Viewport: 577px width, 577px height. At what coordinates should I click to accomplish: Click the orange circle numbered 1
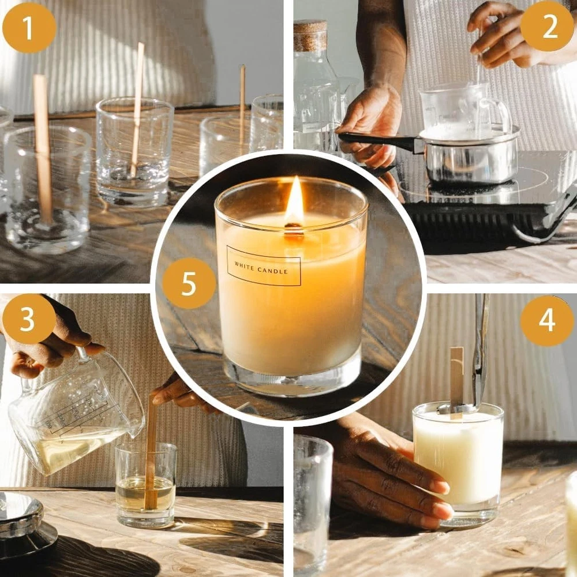(29, 27)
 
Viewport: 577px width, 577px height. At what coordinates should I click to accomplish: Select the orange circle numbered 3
(29, 319)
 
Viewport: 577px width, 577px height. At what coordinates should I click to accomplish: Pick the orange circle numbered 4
(547, 320)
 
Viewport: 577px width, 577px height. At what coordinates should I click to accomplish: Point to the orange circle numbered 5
(189, 283)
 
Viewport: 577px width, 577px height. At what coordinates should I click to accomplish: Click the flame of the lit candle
(294, 201)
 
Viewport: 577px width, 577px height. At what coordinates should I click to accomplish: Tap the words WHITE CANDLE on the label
(261, 268)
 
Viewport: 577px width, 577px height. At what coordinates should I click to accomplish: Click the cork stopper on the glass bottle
(310, 36)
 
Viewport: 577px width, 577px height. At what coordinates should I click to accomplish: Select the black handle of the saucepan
(379, 141)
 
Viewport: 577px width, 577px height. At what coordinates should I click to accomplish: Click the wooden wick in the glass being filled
(151, 452)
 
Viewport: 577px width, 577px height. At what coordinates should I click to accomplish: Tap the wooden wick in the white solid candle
(456, 383)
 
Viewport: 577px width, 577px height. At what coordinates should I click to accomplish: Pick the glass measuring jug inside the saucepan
(464, 110)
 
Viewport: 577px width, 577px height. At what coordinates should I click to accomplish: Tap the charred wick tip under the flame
(293, 226)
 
